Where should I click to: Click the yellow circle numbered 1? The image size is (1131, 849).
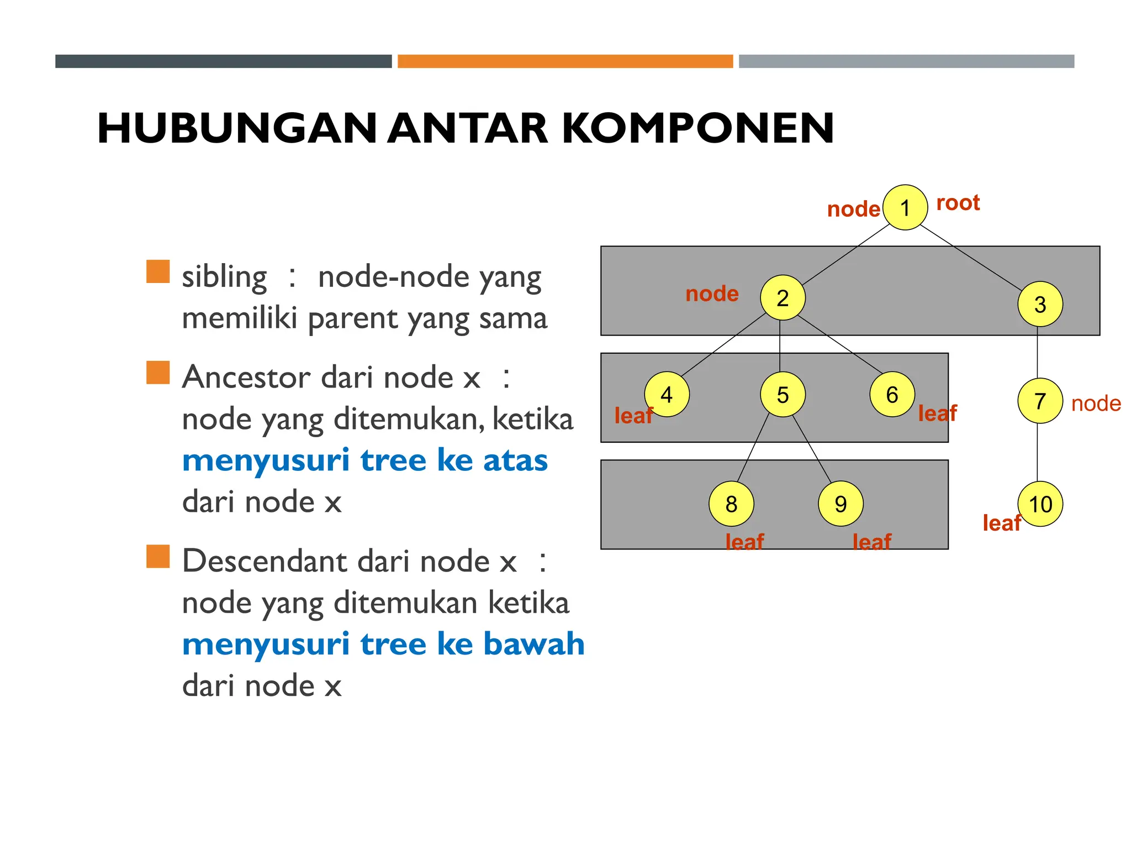coord(905,208)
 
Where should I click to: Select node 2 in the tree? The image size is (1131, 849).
coord(783,298)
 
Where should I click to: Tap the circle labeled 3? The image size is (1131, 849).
coord(1040,304)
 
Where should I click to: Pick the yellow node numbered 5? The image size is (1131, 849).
coord(783,395)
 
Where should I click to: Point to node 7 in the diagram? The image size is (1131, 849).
coord(1040,401)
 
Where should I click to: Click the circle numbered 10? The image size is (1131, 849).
coord(1040,504)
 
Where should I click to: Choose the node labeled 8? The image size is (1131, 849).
coord(731,504)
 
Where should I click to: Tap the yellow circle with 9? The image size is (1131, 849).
coord(841,504)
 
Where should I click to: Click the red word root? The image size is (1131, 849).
coord(958,203)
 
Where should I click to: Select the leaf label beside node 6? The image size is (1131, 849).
coord(937,413)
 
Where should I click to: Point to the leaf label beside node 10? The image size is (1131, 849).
coord(1001,523)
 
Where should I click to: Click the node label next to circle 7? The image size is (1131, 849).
coord(1096,404)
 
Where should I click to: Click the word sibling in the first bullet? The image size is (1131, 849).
coord(224,276)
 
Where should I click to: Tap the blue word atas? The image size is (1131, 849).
coord(515,460)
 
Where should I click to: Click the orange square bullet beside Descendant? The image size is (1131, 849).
coord(158,557)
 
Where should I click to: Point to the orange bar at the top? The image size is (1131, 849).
coord(565,61)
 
